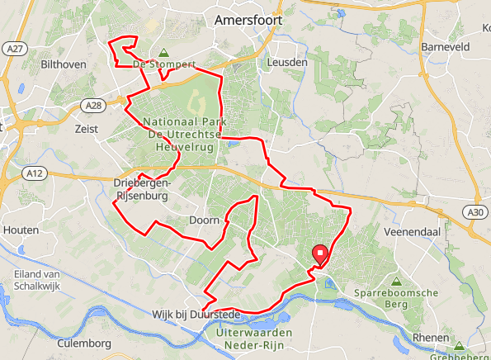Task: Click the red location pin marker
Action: pyautogui.click(x=319, y=256)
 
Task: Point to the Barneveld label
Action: pyautogui.click(x=445, y=47)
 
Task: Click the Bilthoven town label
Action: pyautogui.click(x=64, y=63)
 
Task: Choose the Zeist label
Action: pyautogui.click(x=86, y=129)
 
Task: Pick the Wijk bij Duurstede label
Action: pyautogui.click(x=196, y=315)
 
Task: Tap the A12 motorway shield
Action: pyautogui.click(x=34, y=173)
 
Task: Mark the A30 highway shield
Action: pyautogui.click(x=474, y=212)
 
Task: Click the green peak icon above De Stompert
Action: pyautogui.click(x=163, y=51)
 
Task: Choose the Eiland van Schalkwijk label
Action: pyautogui.click(x=40, y=280)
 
